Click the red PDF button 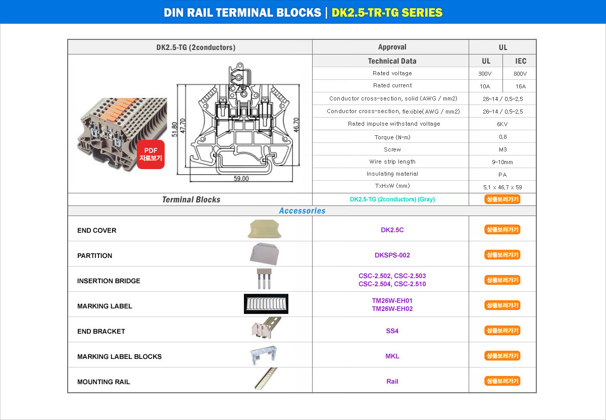(x=150, y=154)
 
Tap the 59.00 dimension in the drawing (x=241, y=179)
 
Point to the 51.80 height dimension (x=175, y=129)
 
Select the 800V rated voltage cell (x=520, y=74)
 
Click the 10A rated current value (x=484, y=86)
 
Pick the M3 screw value (x=502, y=149)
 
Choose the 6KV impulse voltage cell (x=502, y=124)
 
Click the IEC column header (x=521, y=61)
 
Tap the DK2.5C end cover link (x=392, y=230)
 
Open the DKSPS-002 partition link (x=392, y=255)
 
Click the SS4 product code (x=392, y=331)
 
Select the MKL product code (x=392, y=356)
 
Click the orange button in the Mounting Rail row (x=502, y=381)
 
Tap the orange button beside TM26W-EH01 (x=502, y=305)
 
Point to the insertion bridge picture (x=264, y=279)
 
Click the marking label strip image (x=266, y=304)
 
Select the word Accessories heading (x=302, y=211)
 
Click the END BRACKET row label (x=101, y=331)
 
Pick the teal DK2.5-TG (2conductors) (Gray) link (x=392, y=199)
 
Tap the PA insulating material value (x=502, y=175)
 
